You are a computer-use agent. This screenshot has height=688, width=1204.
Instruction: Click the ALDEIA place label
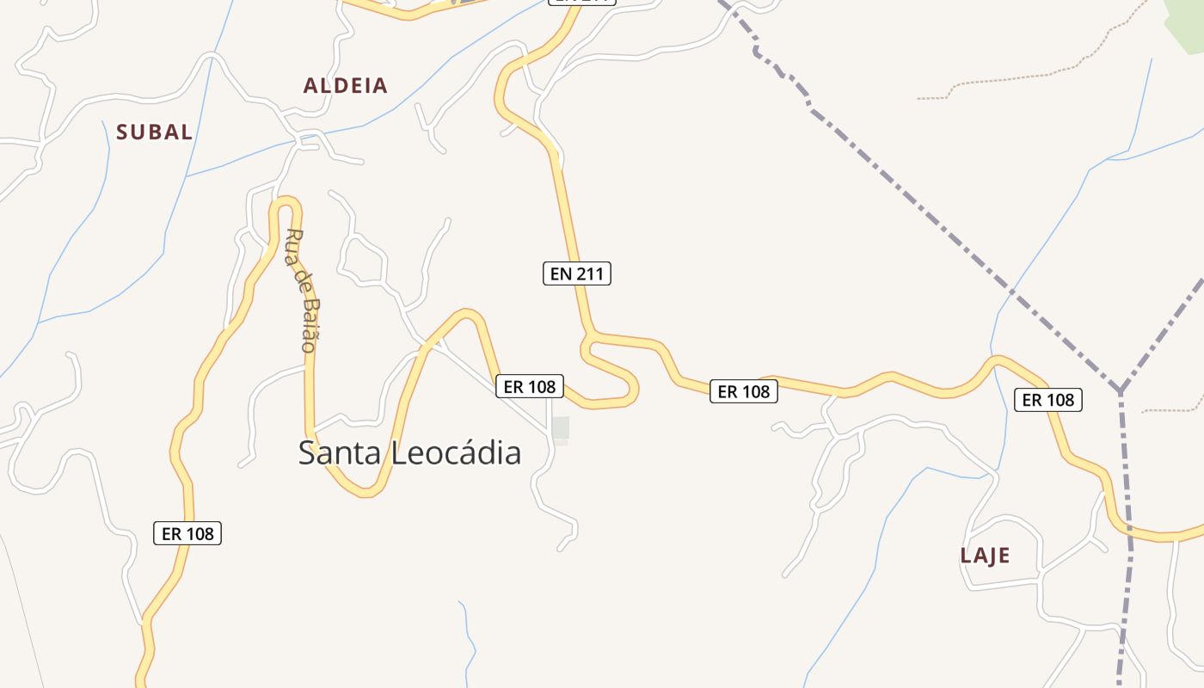click(345, 86)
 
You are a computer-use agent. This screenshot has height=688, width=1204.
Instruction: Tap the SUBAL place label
click(154, 132)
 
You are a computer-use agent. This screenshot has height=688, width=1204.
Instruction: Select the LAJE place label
click(985, 556)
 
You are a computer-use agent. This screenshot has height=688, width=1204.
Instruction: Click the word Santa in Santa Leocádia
click(339, 452)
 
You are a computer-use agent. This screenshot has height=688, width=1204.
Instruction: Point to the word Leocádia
click(456, 452)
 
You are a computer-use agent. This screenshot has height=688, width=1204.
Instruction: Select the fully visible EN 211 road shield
click(576, 274)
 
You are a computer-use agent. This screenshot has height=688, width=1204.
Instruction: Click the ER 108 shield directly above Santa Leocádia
click(529, 387)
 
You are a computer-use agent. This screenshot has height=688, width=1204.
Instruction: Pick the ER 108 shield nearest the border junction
click(1047, 400)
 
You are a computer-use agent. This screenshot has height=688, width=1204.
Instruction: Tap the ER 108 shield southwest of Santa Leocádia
click(187, 534)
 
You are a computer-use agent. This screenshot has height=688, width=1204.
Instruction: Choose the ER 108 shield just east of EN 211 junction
click(743, 392)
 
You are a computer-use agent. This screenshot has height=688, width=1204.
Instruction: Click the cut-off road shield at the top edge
click(582, 2)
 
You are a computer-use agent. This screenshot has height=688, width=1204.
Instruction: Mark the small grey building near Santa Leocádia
click(561, 428)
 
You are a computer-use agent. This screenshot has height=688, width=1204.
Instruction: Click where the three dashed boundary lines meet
click(1121, 391)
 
